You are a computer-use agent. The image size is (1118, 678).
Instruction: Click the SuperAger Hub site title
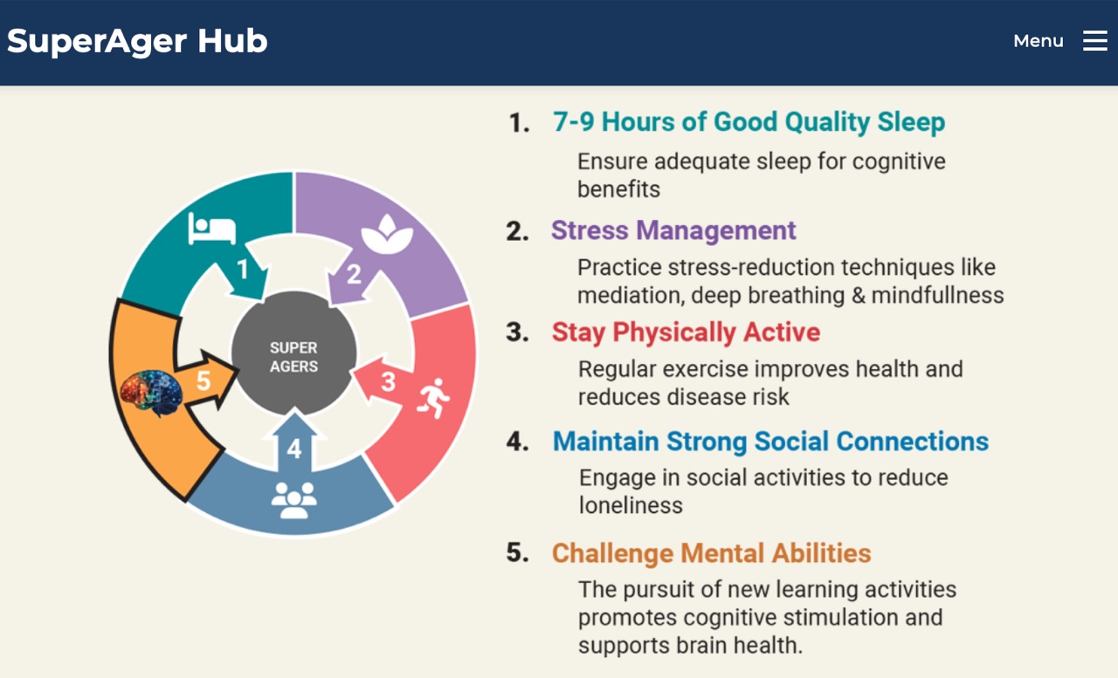coord(137,41)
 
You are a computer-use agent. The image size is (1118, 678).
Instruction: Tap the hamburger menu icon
coord(1095,40)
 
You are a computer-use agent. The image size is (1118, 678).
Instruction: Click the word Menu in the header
coord(1039,41)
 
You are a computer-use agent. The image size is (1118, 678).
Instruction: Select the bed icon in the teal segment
coord(211,229)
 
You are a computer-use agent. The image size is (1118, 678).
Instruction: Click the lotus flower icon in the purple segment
coord(387,234)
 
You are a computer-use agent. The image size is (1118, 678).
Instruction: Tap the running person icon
coord(434,398)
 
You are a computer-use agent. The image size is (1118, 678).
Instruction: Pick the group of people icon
coord(293,500)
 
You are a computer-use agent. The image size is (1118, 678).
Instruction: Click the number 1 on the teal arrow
coord(243,270)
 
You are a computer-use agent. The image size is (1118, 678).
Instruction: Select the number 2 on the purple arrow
coord(354,274)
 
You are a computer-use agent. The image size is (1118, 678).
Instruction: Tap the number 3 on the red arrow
coord(389,382)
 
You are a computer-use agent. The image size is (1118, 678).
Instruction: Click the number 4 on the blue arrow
coord(294,449)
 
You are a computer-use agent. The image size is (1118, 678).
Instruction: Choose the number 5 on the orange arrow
coord(204,380)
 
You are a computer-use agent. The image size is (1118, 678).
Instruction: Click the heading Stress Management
coord(673,231)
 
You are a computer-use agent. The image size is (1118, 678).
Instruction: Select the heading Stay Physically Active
coord(686,332)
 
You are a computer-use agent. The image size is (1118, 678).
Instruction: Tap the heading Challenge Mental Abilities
coord(711,553)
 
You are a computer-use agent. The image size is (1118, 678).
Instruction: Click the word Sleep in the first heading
coord(911,123)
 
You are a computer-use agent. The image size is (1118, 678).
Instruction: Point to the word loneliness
coord(631,505)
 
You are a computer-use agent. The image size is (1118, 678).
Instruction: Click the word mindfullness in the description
coord(937,295)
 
